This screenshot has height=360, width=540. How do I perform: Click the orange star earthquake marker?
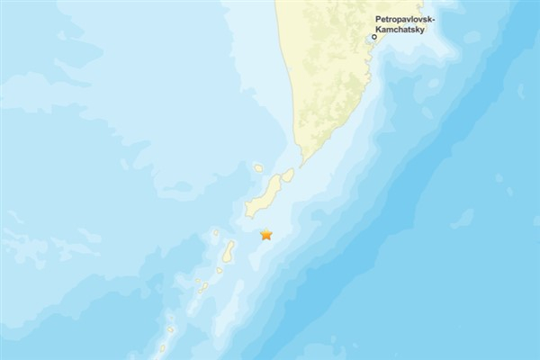tap(266, 235)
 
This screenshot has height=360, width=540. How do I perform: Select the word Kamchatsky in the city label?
tap(399, 29)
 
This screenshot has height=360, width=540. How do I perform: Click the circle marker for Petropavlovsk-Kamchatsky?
tap(374, 38)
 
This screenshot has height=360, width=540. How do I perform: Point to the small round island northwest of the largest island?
tap(258, 168)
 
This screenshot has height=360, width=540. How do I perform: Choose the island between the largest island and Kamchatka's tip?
tap(287, 176)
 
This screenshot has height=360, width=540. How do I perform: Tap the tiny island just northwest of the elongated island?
tap(216, 233)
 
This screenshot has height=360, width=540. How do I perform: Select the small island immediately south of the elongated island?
tap(220, 270)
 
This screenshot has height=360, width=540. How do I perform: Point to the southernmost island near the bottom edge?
tap(163, 347)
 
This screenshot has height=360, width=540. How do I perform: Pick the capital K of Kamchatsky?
tap(378, 29)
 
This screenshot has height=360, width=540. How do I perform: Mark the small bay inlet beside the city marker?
tap(370, 40)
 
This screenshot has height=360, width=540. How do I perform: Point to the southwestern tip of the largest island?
tap(247, 214)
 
